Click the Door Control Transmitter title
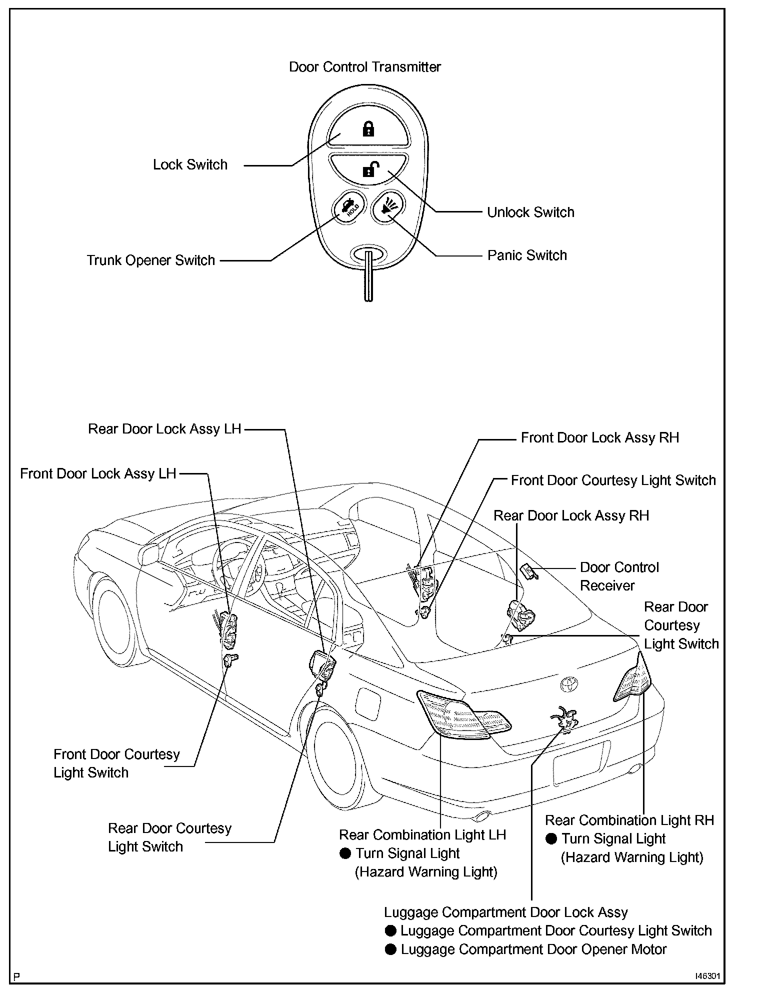[365, 67]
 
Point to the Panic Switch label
[527, 255]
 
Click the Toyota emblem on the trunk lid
[568, 684]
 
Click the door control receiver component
[528, 570]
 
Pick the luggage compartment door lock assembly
[565, 720]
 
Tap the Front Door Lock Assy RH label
[600, 437]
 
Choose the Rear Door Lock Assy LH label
[164, 429]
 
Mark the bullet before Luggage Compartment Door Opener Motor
[391, 949]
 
